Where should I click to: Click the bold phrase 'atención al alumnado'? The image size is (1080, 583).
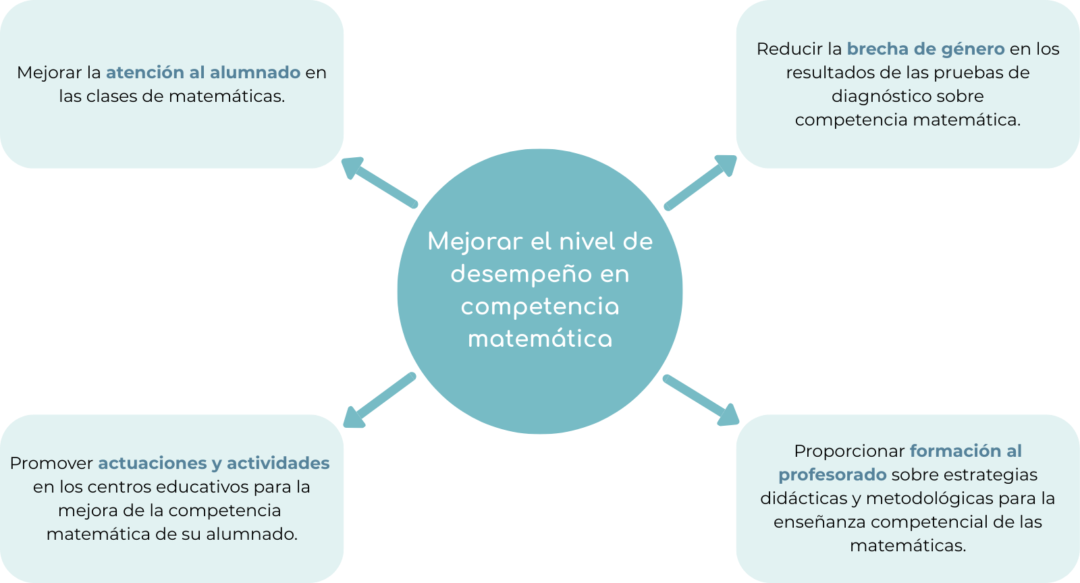pos(203,72)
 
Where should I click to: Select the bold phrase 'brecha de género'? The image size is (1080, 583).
pos(925,49)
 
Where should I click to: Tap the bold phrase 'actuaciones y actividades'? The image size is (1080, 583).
pos(214,463)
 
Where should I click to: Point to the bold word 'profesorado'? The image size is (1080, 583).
pos(832,474)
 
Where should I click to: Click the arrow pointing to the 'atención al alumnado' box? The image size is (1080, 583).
pos(379,182)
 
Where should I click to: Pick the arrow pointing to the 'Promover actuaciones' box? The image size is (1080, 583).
pos(379,401)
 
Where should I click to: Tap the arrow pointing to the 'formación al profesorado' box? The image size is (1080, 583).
pos(701,401)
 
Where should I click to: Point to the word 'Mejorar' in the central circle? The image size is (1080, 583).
pos(475,242)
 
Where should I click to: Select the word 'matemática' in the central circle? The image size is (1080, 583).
pos(540,339)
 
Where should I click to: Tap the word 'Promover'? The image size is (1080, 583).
pos(51,463)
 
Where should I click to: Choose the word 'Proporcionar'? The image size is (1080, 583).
pos(849,451)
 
